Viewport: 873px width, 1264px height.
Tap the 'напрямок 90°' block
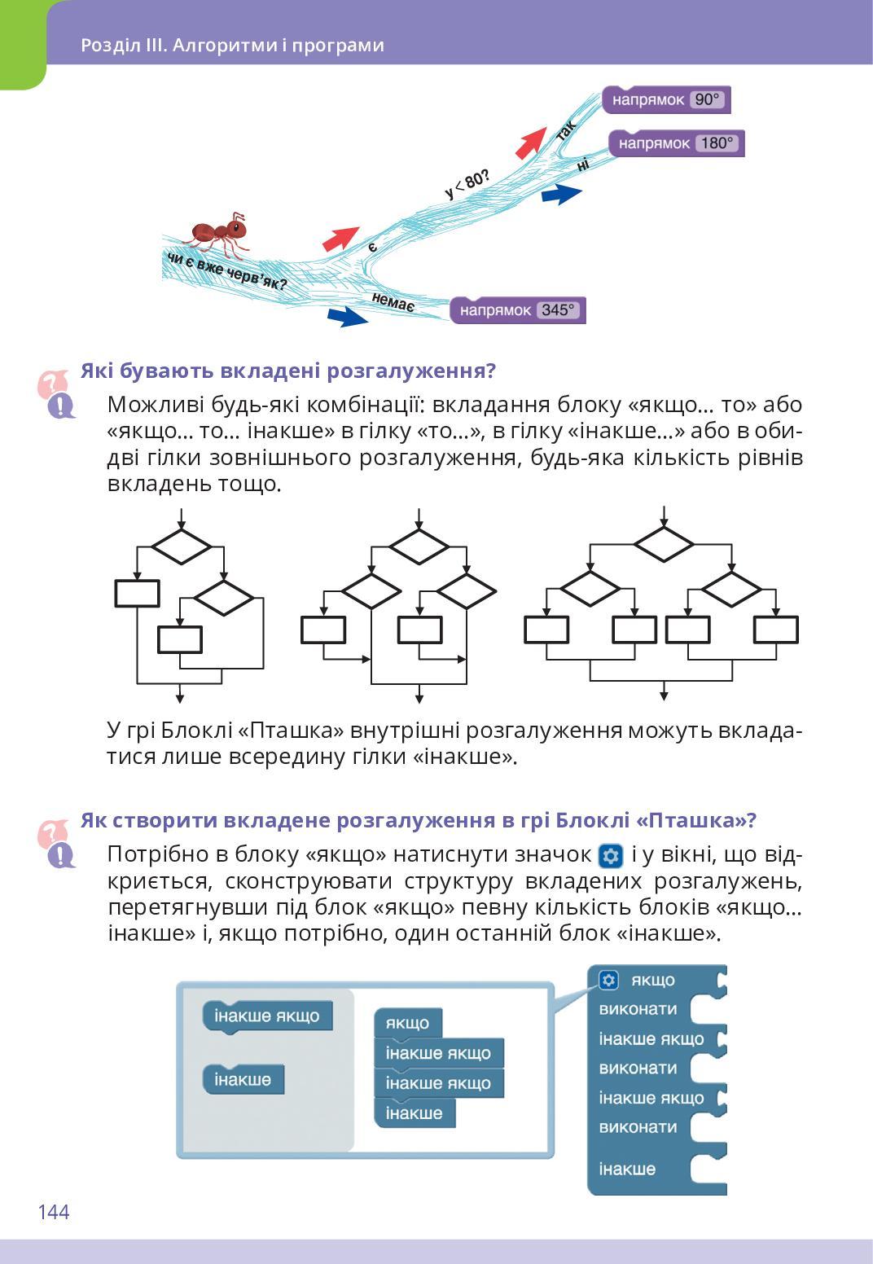[666, 100]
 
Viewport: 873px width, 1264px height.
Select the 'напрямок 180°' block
[677, 144]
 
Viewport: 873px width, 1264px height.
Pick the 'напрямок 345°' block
[518, 310]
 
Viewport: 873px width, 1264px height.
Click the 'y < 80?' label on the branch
[467, 184]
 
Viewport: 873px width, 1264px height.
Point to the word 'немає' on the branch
[393, 302]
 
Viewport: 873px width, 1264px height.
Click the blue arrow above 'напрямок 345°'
[347, 316]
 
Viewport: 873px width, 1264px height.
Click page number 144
[54, 1212]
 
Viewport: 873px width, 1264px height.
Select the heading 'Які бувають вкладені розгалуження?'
[287, 371]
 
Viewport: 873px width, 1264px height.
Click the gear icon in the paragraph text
[611, 856]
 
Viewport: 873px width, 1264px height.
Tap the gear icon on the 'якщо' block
[609, 980]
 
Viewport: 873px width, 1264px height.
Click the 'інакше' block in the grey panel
[243, 1080]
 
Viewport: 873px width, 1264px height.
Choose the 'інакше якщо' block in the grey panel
[267, 1016]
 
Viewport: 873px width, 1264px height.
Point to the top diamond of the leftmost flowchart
[182, 546]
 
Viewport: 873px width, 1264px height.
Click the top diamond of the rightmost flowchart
[664, 543]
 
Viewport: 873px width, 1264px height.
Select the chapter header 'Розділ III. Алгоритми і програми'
[232, 46]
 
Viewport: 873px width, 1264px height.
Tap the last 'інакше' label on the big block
[627, 1170]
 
